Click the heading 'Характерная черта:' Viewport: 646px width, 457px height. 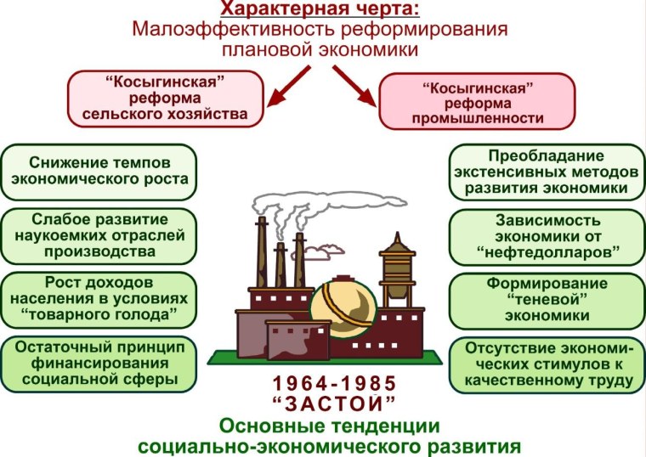(x=320, y=8)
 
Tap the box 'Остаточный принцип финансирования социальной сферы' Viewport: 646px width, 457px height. (x=100, y=364)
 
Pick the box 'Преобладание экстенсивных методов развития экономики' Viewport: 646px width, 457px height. (x=546, y=172)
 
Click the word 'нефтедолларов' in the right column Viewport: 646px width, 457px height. (x=547, y=253)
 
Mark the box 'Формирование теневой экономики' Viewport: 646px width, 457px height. (x=546, y=299)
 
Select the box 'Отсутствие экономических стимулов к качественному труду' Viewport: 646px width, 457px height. (x=546, y=365)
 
